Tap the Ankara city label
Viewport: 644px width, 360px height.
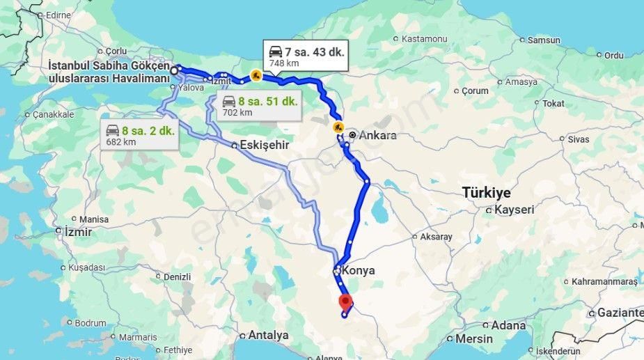379,135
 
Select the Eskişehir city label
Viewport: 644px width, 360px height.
263,146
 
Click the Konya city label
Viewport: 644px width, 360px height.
359,271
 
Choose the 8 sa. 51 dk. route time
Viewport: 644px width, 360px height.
267,101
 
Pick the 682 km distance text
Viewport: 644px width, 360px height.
120,142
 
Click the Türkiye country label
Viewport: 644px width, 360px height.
486,193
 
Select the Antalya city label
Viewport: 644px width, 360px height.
268,335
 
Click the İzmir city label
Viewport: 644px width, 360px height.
77,231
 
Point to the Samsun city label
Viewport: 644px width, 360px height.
544,40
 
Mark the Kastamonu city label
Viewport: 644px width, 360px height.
423,39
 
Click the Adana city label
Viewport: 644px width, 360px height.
508,325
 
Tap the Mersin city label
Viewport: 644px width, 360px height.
473,339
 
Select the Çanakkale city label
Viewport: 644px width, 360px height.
53,114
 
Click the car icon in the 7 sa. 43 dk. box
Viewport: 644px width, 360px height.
276,52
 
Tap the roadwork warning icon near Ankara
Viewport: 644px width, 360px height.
338,127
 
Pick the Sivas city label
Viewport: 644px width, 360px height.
578,139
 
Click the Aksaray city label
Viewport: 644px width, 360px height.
436,237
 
